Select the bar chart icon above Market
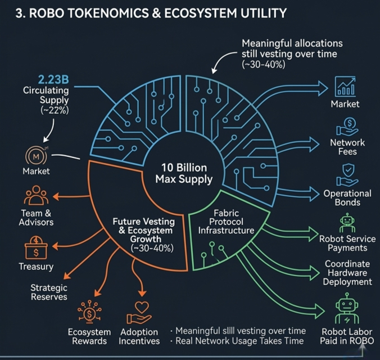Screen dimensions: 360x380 pyautogui.click(x=345, y=87)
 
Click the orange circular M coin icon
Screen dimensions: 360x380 pyautogui.click(x=35, y=155)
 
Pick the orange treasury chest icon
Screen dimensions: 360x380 pyautogui.click(x=35, y=247)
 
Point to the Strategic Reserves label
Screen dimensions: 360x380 pyautogui.click(x=48, y=292)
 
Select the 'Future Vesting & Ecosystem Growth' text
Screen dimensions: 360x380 pyautogui.click(x=143, y=231)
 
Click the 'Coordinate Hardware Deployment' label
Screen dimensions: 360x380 pyautogui.click(x=347, y=273)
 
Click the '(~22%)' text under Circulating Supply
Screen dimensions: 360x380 pyautogui.click(x=54, y=110)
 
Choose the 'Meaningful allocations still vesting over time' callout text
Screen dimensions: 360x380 pyautogui.click(x=292, y=54)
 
